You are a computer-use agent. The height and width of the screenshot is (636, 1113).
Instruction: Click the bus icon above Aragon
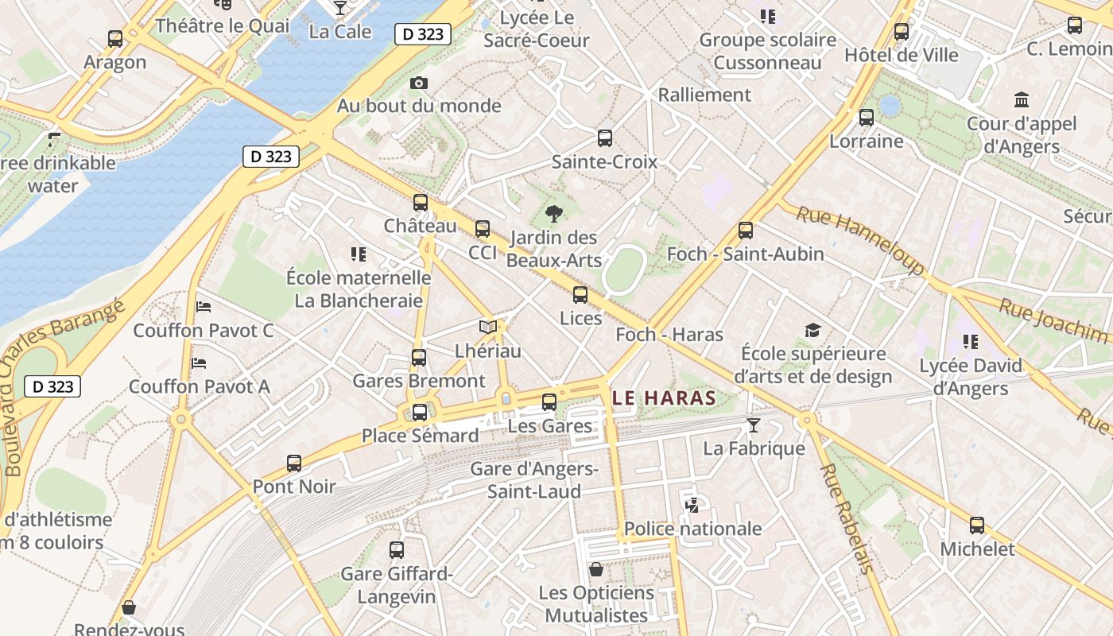pos(115,38)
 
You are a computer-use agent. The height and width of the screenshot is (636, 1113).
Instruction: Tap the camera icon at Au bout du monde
pos(419,83)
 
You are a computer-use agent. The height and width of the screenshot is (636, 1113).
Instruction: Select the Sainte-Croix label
pos(604,161)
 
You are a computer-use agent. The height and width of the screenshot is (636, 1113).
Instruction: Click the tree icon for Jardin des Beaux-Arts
pos(554,213)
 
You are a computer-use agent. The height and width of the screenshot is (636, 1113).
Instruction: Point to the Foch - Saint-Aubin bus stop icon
pos(745,231)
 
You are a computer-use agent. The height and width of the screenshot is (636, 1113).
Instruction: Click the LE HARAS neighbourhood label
pos(664,397)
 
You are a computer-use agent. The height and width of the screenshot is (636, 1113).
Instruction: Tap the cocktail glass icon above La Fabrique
pos(753,425)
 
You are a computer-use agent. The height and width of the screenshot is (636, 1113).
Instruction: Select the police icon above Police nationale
pos(692,504)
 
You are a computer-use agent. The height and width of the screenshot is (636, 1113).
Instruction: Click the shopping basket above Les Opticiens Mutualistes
pos(595,569)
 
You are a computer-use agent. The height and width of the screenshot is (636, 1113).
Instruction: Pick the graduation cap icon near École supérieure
pos(812,330)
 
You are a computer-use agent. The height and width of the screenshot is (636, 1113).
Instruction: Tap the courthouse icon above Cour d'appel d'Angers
pos(1022,100)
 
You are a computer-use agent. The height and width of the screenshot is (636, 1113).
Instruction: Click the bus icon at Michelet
pos(976,525)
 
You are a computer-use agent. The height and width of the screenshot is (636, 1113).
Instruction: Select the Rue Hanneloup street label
pos(862,238)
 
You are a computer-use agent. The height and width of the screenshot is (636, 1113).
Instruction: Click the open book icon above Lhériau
pos(487,327)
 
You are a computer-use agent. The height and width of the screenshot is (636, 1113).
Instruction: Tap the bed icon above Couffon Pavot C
pos(204,306)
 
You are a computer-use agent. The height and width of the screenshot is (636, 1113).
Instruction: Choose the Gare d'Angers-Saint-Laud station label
pos(533,479)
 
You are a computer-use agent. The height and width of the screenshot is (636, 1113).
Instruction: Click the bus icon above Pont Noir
pos(294,463)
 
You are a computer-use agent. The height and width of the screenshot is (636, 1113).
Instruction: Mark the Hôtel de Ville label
pos(901,55)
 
